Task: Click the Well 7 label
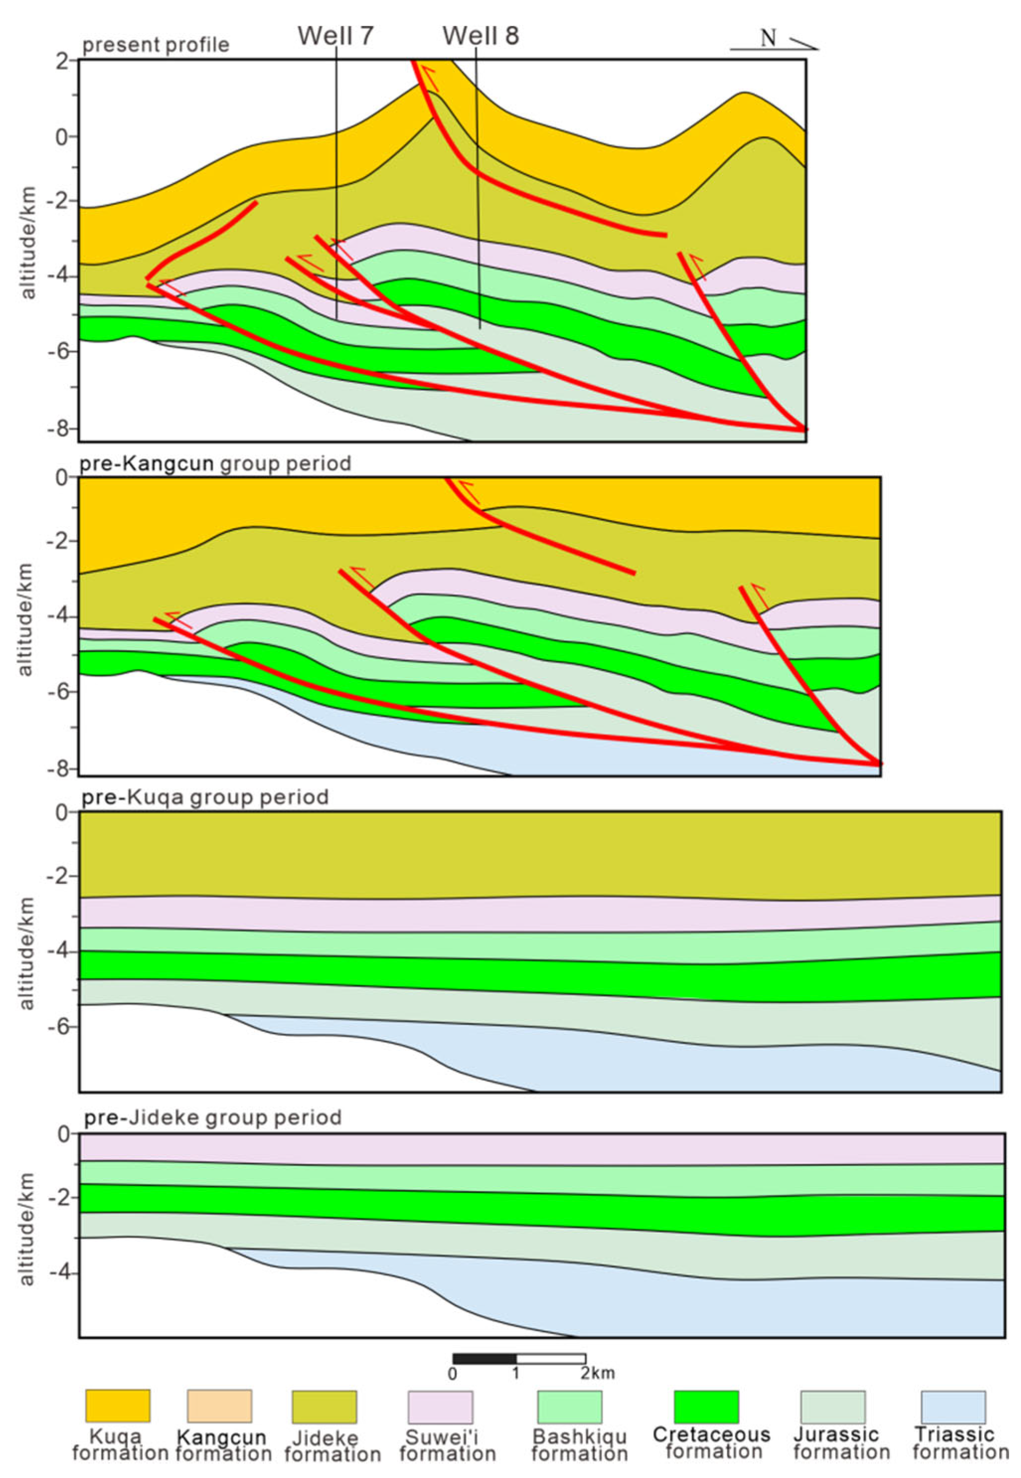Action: tap(335, 36)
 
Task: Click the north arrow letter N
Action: tap(768, 39)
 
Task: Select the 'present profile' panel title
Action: tap(155, 45)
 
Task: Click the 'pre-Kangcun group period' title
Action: tap(215, 463)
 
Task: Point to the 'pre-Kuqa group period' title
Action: tap(205, 797)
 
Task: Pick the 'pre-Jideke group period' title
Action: tap(213, 1118)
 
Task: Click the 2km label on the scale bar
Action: tap(597, 1374)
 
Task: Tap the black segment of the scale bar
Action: tap(484, 1358)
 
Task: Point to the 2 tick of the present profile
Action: tap(63, 61)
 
